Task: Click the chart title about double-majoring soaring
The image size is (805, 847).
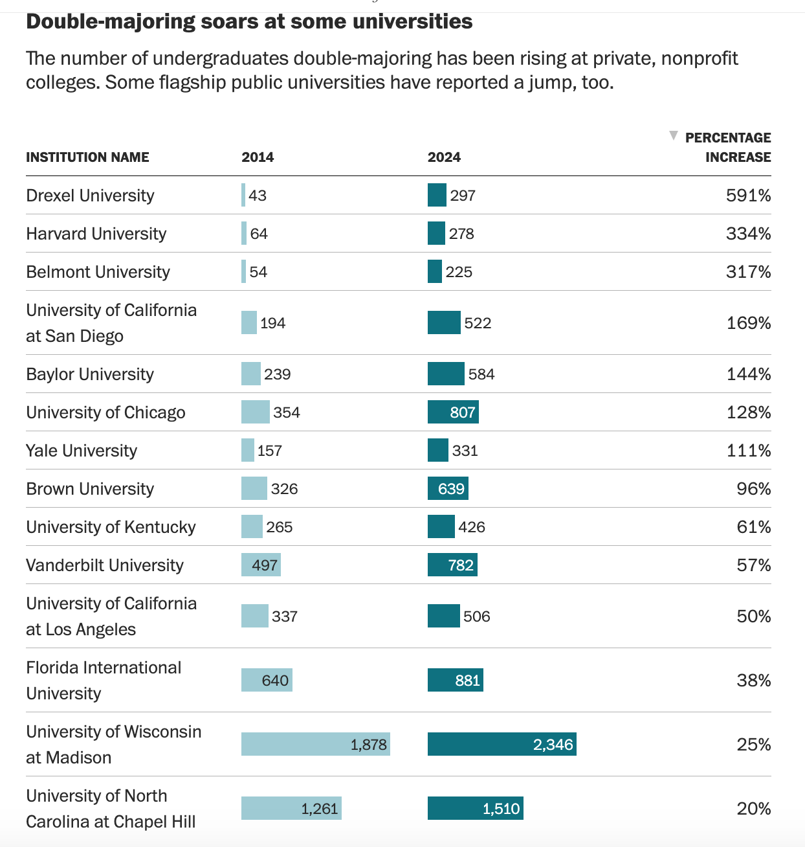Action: point(249,21)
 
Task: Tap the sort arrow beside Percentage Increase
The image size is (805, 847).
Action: point(674,136)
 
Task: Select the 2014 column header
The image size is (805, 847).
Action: point(258,157)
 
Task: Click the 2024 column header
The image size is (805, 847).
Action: point(444,157)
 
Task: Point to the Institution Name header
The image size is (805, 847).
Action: point(87,157)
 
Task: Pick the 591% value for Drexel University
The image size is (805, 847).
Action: point(748,196)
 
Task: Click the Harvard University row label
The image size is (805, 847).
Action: point(96,234)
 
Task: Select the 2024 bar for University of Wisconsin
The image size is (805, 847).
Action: point(502,745)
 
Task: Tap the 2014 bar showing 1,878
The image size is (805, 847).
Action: point(315,745)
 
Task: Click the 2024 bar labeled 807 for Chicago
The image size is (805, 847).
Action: point(453,412)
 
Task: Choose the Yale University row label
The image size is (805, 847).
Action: point(82,451)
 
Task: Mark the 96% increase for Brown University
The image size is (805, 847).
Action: point(753,489)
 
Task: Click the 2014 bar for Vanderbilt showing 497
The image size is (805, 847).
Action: point(261,565)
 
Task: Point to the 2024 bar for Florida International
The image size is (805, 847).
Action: point(455,681)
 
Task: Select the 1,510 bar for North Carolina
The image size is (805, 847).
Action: point(475,809)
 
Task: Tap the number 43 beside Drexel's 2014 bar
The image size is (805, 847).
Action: point(258,196)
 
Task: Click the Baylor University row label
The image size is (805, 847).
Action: point(90,374)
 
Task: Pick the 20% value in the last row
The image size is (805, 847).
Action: point(753,809)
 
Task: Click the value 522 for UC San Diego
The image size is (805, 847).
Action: point(478,323)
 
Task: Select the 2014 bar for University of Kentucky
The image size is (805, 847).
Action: point(252,527)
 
